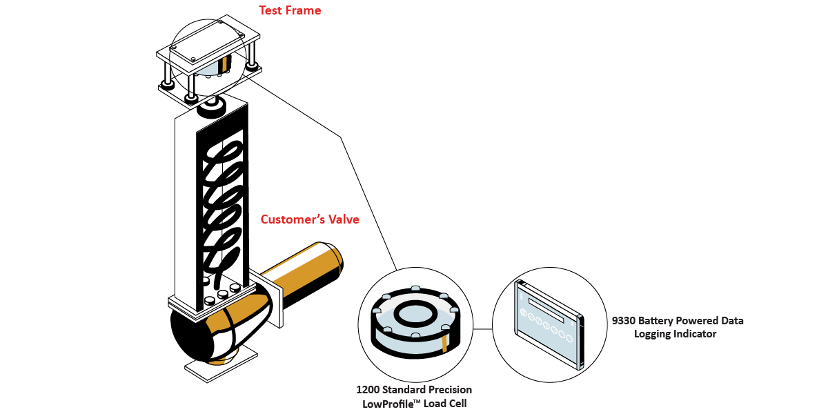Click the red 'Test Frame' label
(290, 10)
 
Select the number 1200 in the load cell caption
(367, 391)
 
